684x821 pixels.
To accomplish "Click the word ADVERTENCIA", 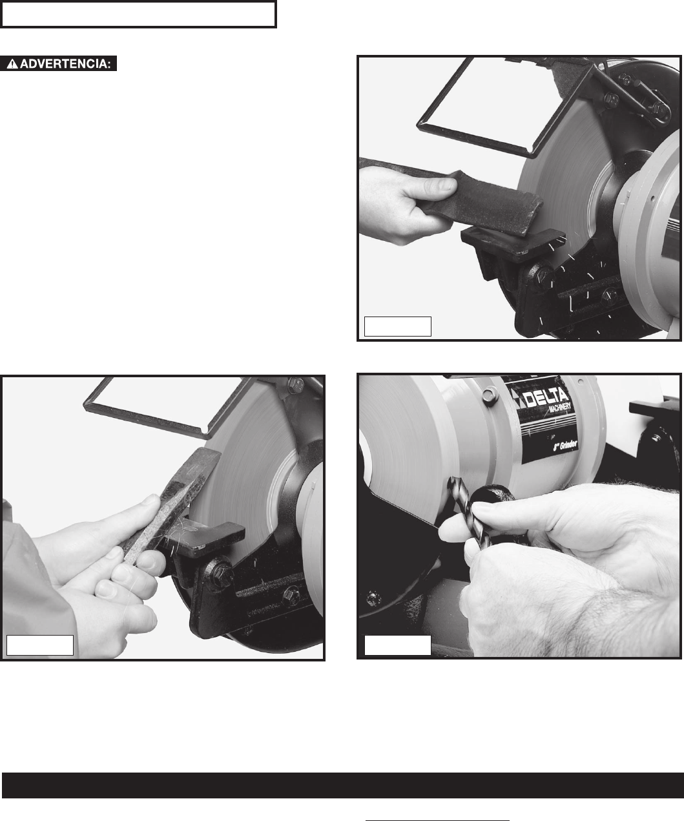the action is [x=65, y=64].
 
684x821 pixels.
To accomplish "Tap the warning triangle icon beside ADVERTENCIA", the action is [x=12, y=64].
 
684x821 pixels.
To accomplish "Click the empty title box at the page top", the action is [x=138, y=14].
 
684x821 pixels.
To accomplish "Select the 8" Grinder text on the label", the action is [x=565, y=446].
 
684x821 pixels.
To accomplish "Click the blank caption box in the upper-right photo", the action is [x=398, y=326].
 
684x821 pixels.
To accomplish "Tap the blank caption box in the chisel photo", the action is [x=40, y=645].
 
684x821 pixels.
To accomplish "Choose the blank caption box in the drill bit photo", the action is [x=398, y=645].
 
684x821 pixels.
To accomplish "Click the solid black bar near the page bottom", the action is [x=343, y=785].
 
